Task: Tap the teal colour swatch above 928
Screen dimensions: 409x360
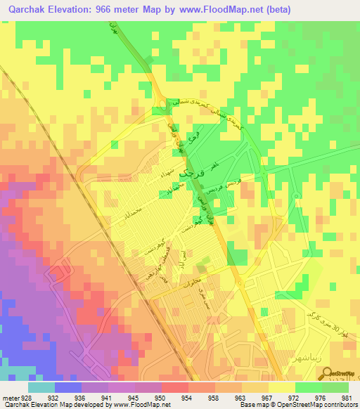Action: point(41,387)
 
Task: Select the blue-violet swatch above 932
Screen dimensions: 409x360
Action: point(68,387)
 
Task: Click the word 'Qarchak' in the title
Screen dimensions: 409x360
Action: point(32,10)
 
